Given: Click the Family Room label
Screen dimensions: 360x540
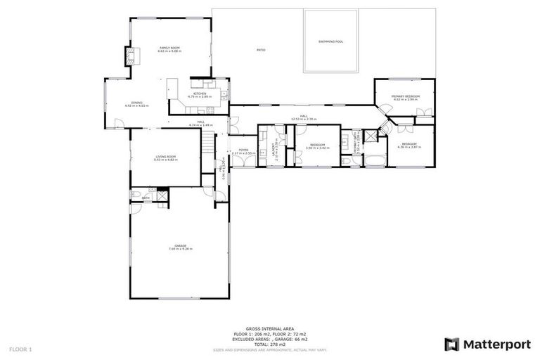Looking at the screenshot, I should (169, 48).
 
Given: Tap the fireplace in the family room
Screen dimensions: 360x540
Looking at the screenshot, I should (129, 56).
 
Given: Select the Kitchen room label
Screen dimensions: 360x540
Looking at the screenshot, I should (200, 94).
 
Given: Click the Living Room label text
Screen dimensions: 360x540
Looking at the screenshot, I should (165, 157).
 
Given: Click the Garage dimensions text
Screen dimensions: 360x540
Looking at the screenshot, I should (180, 249).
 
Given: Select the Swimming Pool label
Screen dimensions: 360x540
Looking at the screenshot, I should (330, 41).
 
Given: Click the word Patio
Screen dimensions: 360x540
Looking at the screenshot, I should (260, 50).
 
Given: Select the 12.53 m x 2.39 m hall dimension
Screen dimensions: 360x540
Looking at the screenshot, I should (304, 120).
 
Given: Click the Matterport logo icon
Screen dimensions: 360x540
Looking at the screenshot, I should (451, 344).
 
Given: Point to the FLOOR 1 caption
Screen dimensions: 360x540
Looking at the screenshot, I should (20, 349).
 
